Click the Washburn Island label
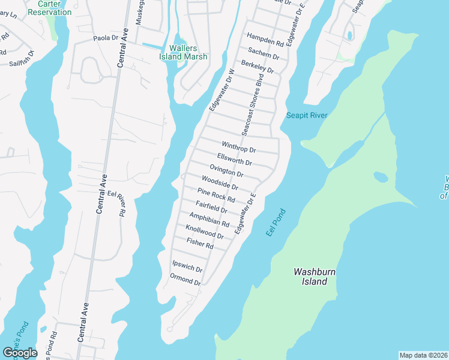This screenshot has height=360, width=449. pos(310,276)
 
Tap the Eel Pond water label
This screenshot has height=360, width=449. pos(275,221)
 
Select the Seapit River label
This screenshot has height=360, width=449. pos(306,115)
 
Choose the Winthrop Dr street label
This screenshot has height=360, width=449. pos(238,146)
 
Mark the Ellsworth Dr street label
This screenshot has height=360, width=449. pos(234,159)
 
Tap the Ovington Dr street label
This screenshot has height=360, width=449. pos(226,171)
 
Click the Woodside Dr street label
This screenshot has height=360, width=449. pos(220,183)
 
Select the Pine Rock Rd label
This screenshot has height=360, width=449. pos(216,195)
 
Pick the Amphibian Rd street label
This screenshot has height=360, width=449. pos(209,220)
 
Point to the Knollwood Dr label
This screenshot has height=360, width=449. pos(205,232)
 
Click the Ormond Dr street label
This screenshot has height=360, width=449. pos(185,280)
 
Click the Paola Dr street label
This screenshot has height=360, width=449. pos(106,38)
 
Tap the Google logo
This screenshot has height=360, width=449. pos(20,353)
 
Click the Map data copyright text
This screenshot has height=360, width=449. pos(423,355)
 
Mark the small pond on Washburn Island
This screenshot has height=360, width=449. pos(379,177)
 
